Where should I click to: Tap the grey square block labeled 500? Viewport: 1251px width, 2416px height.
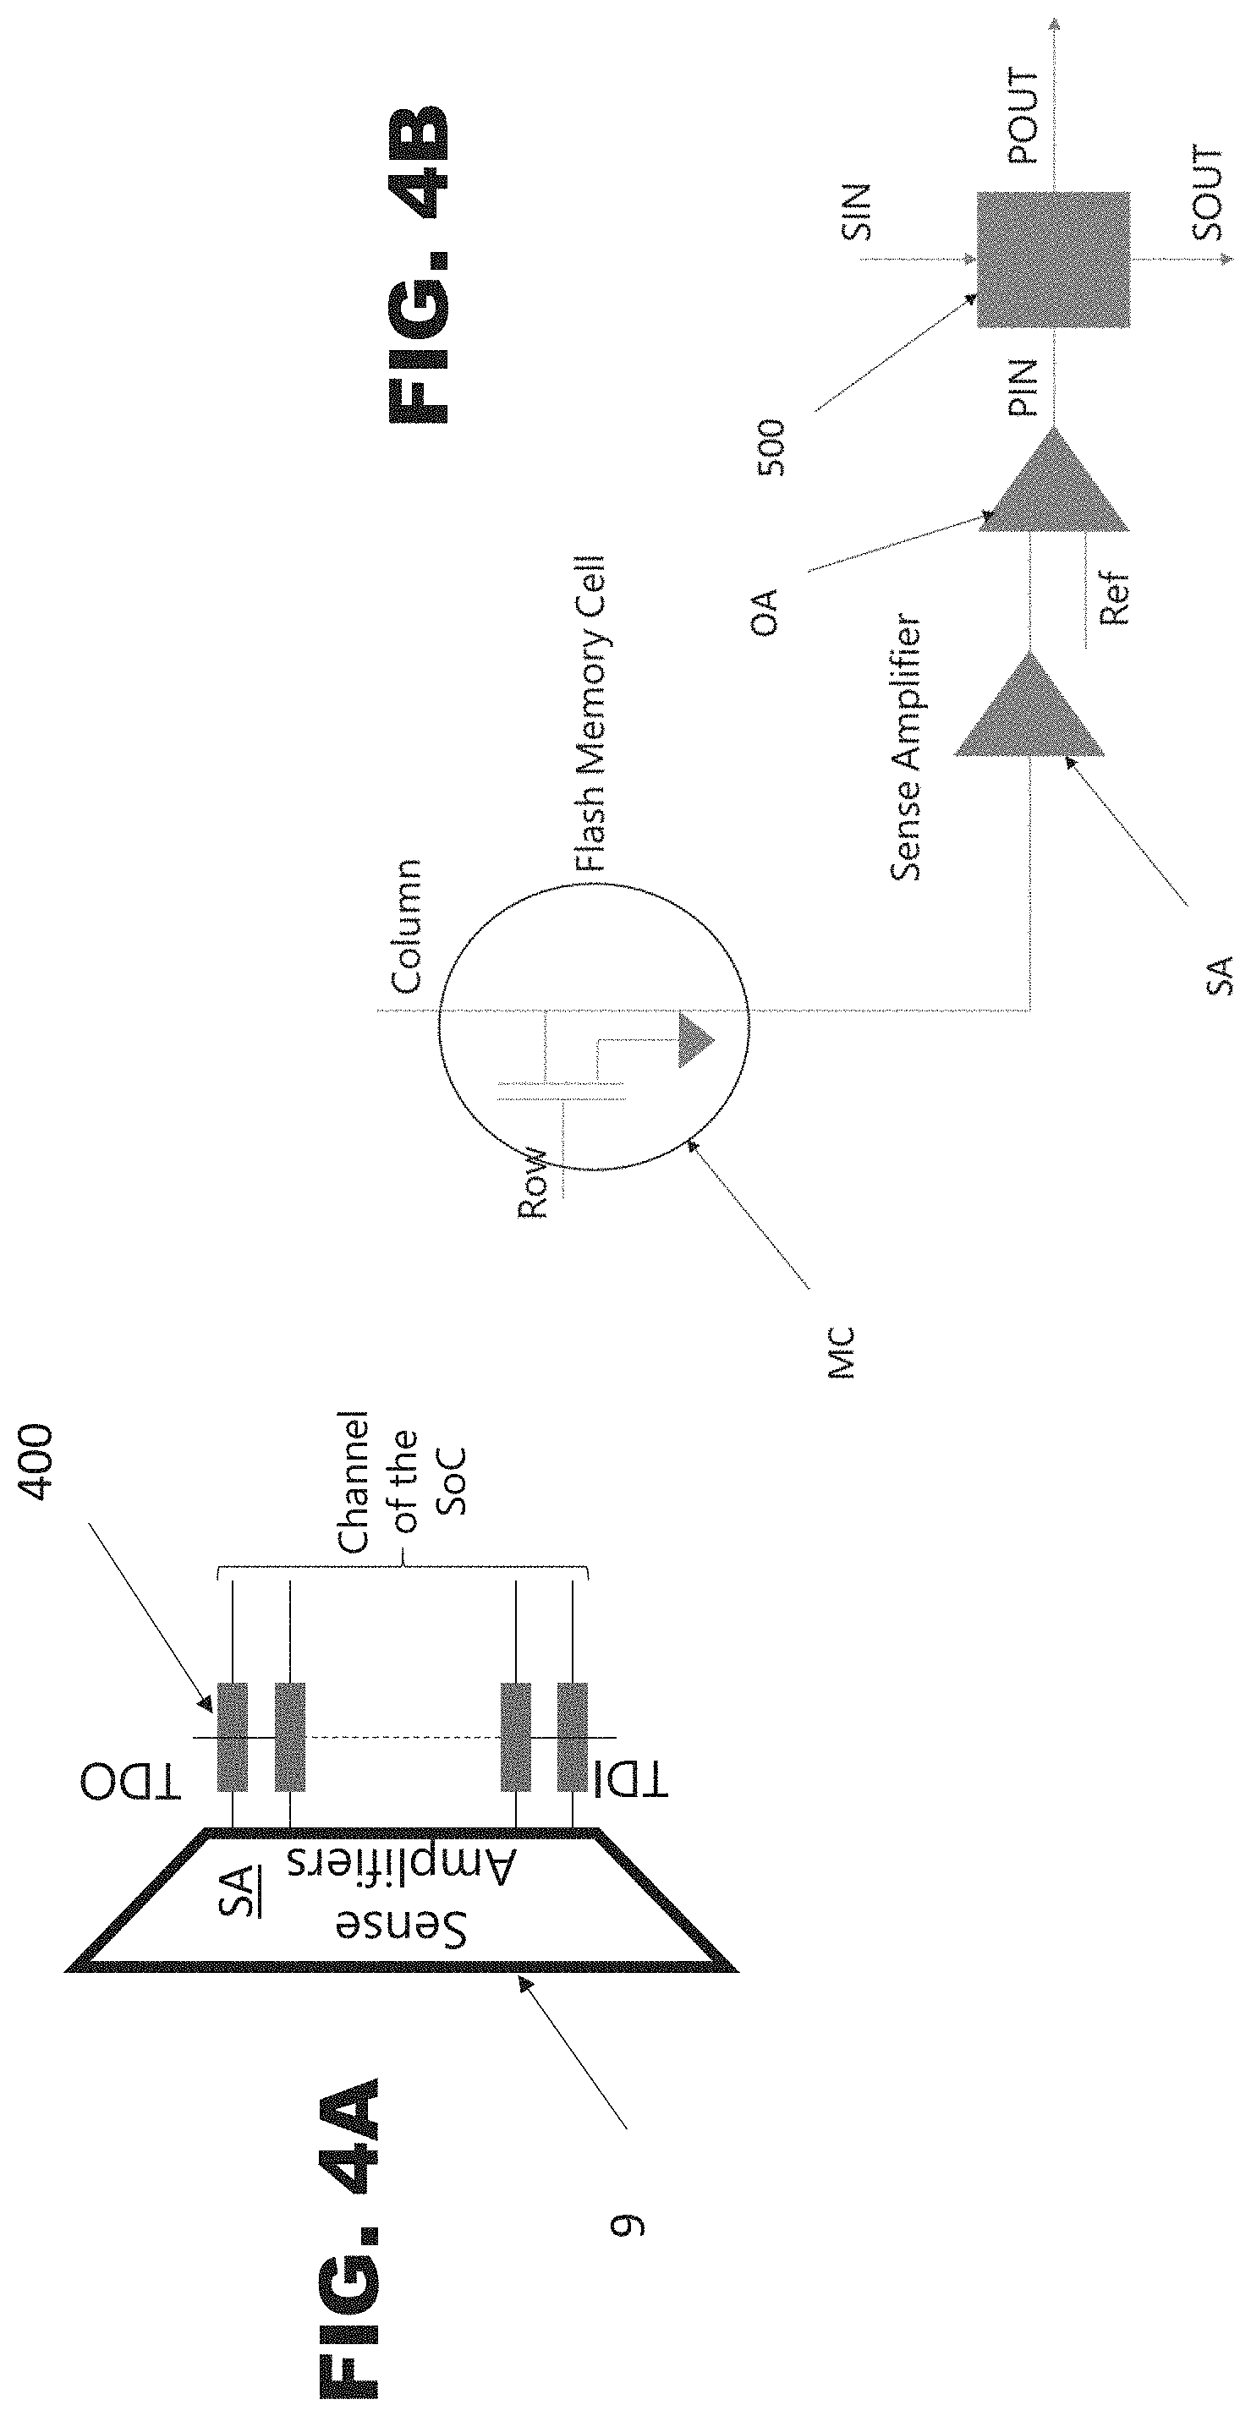(x=1053, y=260)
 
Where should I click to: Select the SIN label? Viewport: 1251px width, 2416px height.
(x=856, y=212)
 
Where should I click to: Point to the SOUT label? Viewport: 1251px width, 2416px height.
(x=1209, y=193)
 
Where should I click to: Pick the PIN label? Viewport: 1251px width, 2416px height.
(x=1022, y=387)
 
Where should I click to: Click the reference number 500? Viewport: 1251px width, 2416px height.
(x=771, y=448)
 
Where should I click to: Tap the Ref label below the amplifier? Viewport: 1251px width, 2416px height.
(x=1114, y=599)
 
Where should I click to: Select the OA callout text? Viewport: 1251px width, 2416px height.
(x=766, y=612)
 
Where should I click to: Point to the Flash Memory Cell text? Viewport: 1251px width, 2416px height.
(x=590, y=714)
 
